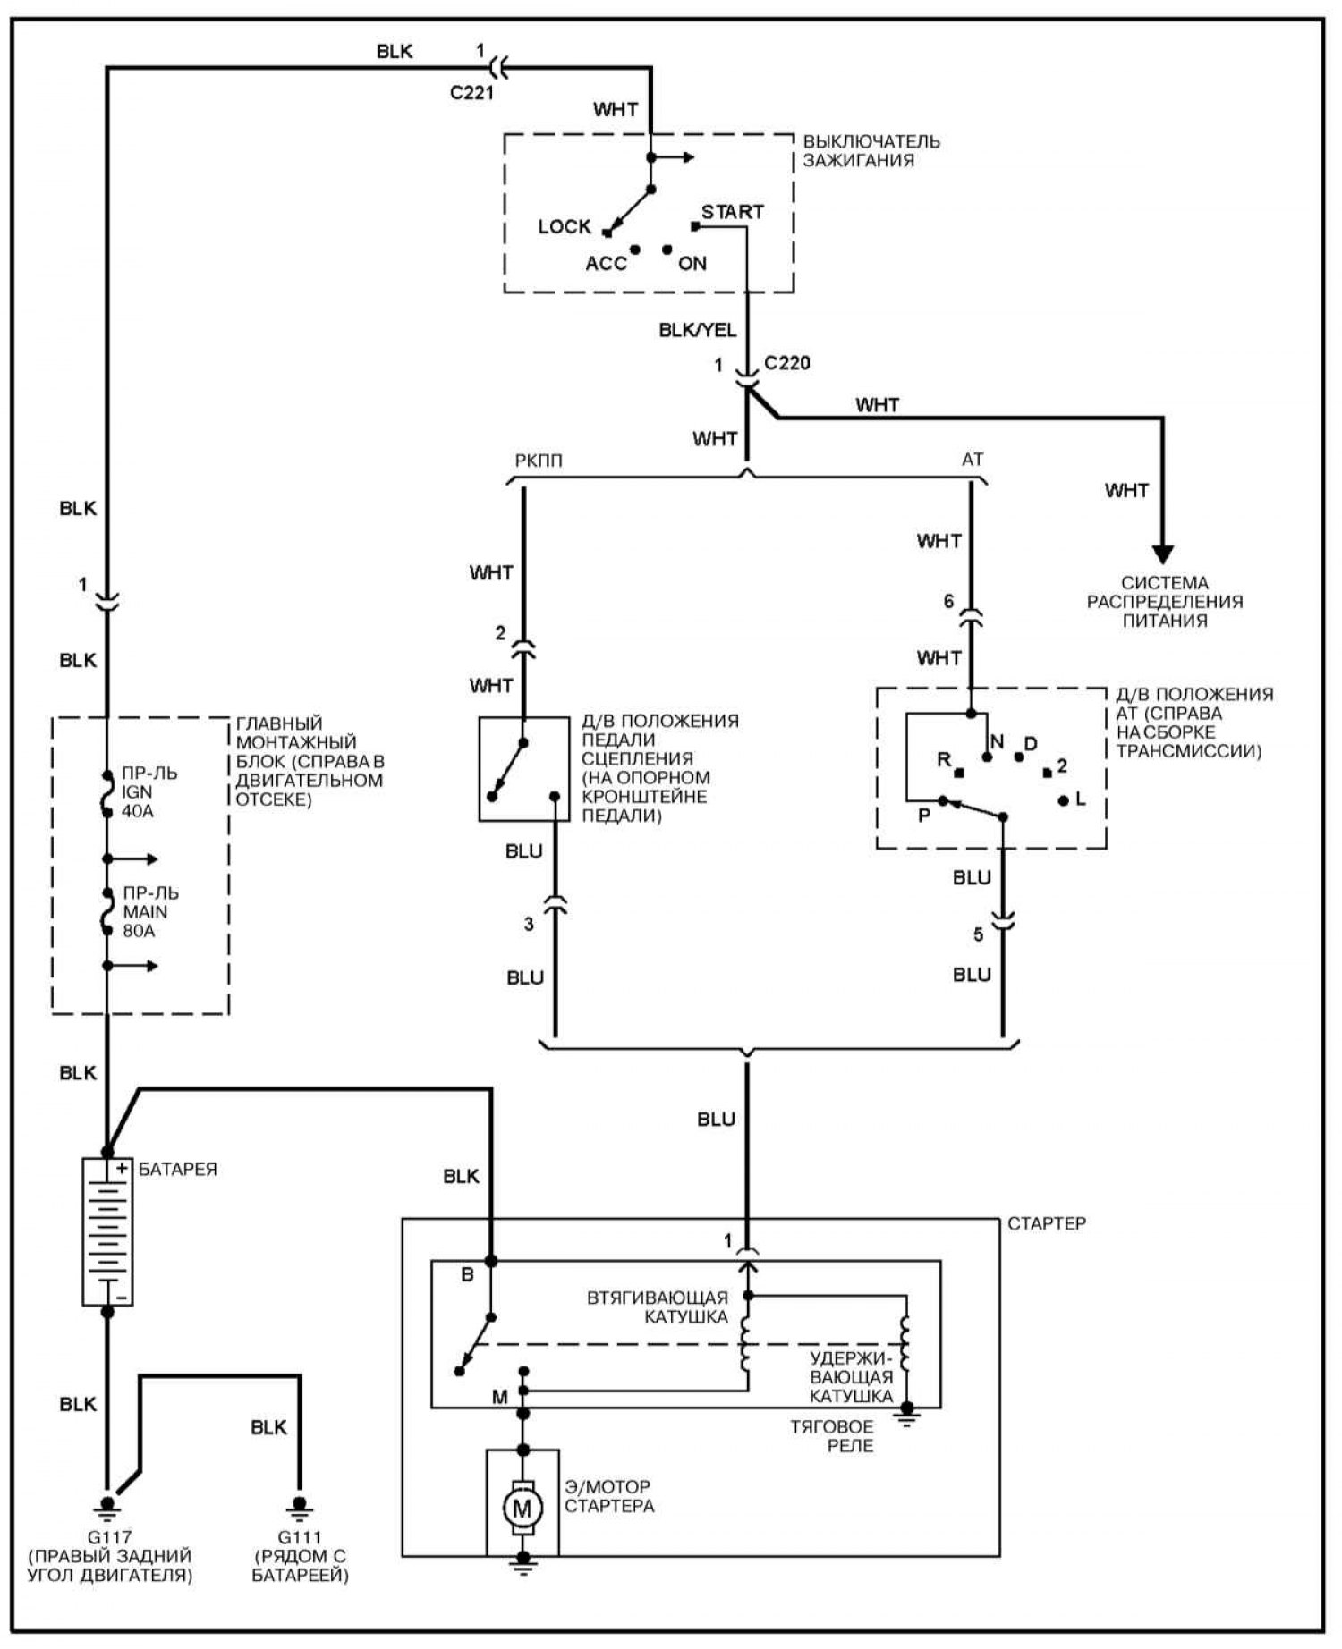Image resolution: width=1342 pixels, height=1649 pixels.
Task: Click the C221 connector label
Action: click(x=471, y=93)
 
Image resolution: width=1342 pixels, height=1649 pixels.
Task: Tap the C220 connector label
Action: click(x=787, y=363)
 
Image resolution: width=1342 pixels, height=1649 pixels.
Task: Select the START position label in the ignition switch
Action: click(x=732, y=213)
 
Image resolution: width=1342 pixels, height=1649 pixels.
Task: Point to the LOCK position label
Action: click(x=564, y=227)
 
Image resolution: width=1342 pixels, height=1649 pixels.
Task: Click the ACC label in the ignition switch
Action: click(x=606, y=264)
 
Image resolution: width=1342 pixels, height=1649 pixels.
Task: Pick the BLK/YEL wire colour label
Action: click(x=698, y=330)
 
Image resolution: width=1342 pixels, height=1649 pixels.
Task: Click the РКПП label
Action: click(x=539, y=461)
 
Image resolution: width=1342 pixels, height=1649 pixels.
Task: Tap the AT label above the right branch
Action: click(x=973, y=460)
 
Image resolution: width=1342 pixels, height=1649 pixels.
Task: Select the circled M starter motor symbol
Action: click(x=522, y=1509)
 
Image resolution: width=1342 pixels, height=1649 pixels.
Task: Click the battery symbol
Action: click(x=107, y=1231)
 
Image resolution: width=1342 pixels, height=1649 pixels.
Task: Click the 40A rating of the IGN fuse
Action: click(x=138, y=811)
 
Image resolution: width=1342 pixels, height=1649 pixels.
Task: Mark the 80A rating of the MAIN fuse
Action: click(x=139, y=931)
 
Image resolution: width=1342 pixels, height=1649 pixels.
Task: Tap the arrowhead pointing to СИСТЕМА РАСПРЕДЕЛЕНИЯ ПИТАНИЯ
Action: click(x=1163, y=554)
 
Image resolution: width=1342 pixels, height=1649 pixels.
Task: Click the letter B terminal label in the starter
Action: click(x=467, y=1275)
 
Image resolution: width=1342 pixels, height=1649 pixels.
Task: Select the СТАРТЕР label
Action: click(x=1047, y=1223)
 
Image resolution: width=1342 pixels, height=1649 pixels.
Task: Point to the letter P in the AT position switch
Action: click(x=924, y=816)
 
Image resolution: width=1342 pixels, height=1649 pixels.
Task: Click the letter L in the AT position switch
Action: click(x=1081, y=799)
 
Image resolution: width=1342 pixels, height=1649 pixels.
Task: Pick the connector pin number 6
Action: click(x=949, y=602)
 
